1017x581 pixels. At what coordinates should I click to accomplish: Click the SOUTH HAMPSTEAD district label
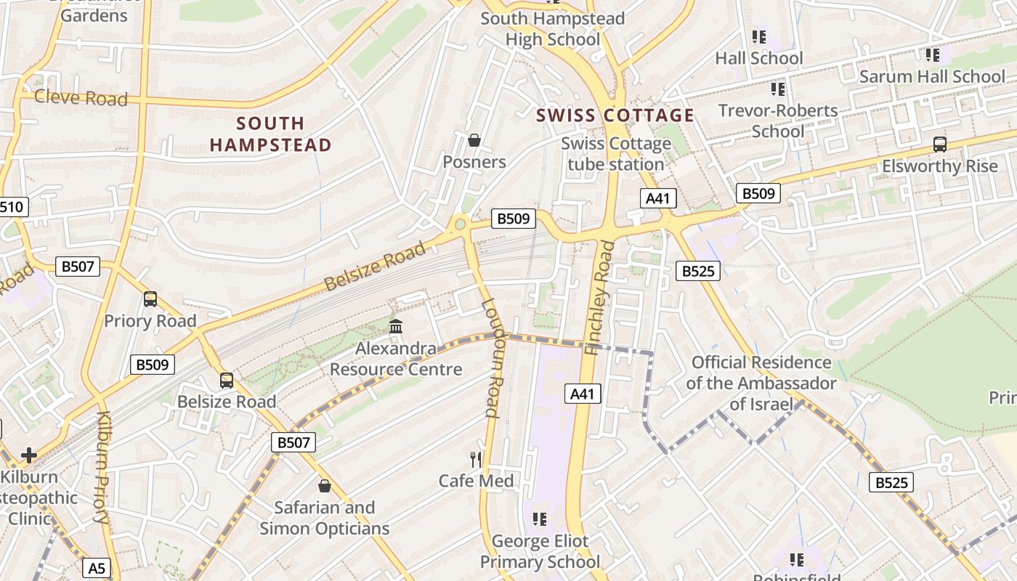270,134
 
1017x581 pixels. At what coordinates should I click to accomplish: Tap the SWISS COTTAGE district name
615,115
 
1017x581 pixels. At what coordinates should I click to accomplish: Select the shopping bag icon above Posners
474,140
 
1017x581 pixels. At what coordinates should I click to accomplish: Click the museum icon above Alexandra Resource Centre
396,327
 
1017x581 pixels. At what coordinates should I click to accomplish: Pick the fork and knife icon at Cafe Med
476,459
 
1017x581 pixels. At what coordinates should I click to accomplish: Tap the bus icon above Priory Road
150,299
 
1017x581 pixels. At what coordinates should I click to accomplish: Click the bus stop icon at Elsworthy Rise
940,145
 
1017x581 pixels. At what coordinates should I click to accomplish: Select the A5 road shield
97,567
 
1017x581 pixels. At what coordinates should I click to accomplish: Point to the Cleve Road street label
81,97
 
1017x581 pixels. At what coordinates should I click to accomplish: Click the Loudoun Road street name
491,359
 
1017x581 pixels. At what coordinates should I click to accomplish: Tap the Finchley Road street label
600,298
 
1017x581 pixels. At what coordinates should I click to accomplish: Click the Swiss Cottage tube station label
615,154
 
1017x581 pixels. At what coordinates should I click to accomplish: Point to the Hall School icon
759,37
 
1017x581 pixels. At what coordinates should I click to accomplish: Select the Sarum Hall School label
932,76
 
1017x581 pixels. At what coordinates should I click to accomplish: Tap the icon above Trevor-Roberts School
778,90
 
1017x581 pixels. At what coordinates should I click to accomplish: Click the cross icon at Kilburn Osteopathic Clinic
29,455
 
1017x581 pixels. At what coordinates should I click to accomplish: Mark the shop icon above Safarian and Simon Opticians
325,485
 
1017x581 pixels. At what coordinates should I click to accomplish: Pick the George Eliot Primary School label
540,551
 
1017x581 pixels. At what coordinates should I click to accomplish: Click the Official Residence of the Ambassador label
761,383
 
